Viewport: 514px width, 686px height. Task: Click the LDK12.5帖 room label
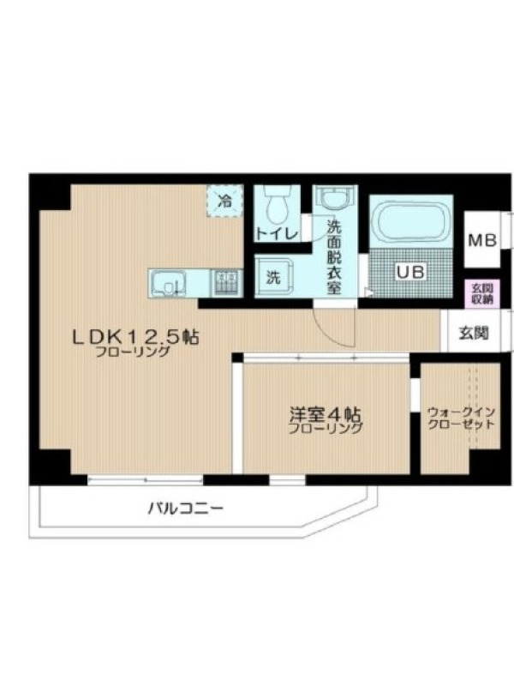[135, 337]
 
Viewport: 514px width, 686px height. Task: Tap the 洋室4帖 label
[326, 413]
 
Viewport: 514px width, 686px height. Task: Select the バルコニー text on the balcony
[185, 508]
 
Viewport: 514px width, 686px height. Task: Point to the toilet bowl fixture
[276, 207]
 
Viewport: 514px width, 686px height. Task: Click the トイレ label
[277, 233]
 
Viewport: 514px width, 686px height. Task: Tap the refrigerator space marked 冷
[225, 202]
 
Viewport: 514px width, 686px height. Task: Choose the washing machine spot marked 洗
[273, 276]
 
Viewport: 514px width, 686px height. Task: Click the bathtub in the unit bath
[410, 223]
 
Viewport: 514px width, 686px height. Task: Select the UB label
[410, 272]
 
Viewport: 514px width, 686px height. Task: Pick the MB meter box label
[482, 240]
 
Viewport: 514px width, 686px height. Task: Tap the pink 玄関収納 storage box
[482, 293]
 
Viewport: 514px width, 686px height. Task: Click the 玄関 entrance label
[474, 333]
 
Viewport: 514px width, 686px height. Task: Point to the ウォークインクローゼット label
[461, 418]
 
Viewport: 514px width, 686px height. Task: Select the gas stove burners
[227, 283]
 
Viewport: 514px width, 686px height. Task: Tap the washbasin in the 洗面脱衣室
[335, 201]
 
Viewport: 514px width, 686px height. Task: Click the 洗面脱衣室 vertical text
[334, 256]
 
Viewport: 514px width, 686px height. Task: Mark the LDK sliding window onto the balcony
[146, 480]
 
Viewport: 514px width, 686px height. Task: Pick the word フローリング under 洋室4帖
[326, 428]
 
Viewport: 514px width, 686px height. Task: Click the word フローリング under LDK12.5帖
[133, 352]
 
